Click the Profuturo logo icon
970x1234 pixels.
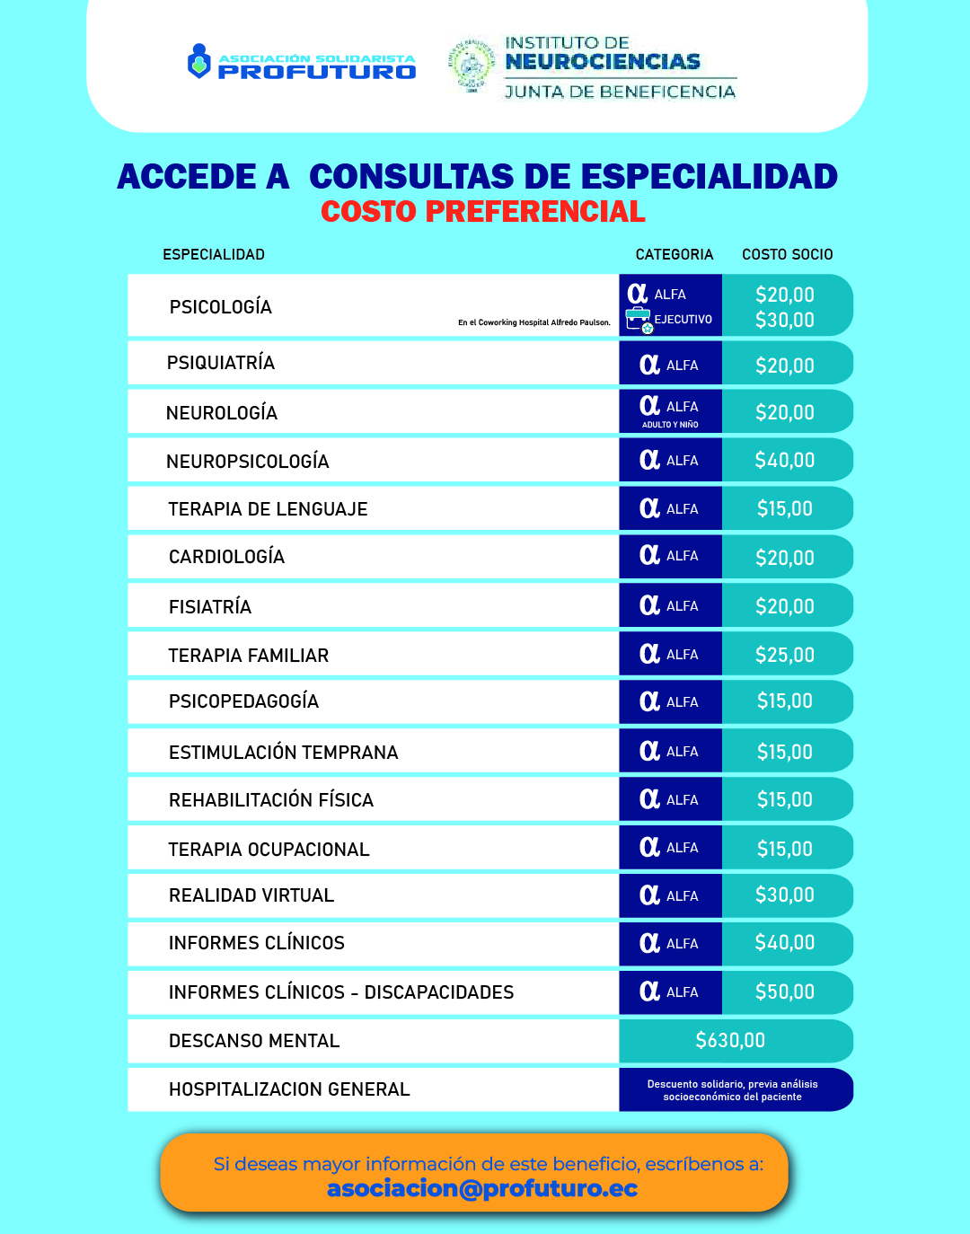(198, 62)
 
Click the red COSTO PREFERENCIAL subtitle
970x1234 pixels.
(483, 212)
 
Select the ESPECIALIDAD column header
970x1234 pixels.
(214, 255)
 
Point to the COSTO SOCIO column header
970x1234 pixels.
(787, 255)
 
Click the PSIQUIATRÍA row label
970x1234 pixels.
(221, 364)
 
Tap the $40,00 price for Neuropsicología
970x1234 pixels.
(785, 461)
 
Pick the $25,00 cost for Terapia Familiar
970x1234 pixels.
(785, 655)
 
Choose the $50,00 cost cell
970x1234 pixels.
(785, 992)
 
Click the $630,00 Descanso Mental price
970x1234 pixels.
(730, 1041)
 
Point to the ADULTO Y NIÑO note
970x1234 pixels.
(670, 425)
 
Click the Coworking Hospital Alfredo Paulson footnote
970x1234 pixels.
(533, 322)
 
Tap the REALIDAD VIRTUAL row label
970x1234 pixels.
(251, 895)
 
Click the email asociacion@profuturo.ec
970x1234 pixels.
(482, 1189)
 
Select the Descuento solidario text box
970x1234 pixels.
(733, 1090)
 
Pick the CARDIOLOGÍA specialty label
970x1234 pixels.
(226, 558)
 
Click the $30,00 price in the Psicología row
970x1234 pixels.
(785, 321)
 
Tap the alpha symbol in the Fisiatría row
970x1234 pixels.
(649, 605)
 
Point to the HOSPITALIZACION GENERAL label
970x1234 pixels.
(289, 1090)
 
